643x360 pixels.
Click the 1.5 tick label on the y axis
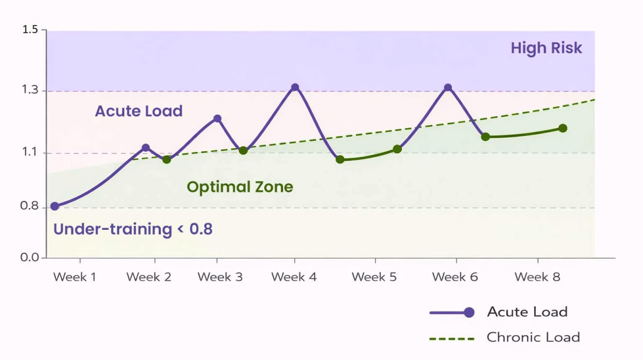pos(30,29)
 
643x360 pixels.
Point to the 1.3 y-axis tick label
pos(30,90)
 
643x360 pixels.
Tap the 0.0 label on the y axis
pos(30,258)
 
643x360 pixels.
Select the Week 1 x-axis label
pos(74,277)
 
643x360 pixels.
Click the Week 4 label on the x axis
pos(294,277)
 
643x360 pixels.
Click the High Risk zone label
pos(546,48)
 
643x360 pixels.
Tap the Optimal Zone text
pos(240,187)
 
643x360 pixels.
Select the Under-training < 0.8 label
pos(133,229)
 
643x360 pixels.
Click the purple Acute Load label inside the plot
pos(139,111)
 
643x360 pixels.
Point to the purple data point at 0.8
pos(55,206)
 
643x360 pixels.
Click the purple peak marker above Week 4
pos(295,87)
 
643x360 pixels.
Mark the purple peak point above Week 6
pos(448,88)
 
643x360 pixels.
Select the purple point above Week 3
pos(217,118)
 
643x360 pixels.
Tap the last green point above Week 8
pos(563,128)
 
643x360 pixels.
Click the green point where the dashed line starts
pos(167,159)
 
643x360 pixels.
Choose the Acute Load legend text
pos(527,312)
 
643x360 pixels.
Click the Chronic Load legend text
pos(533,337)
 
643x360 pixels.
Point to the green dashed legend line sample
pos(452,339)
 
